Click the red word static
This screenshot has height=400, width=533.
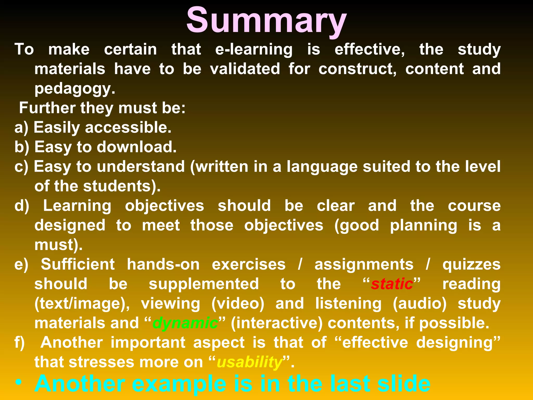tap(392, 284)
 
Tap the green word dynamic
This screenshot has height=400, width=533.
tap(185, 323)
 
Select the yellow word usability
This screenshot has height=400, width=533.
tap(249, 362)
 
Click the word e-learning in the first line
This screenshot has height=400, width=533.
tap(254, 49)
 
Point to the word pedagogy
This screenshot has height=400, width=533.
tap(74, 89)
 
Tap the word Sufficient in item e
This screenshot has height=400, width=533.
tap(78, 264)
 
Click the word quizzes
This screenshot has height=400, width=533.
tap(471, 264)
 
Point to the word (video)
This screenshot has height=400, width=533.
tap(238, 304)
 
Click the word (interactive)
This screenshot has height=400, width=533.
tap(277, 323)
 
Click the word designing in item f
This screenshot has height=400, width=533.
tap(458, 343)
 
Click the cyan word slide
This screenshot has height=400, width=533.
tap(404, 383)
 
